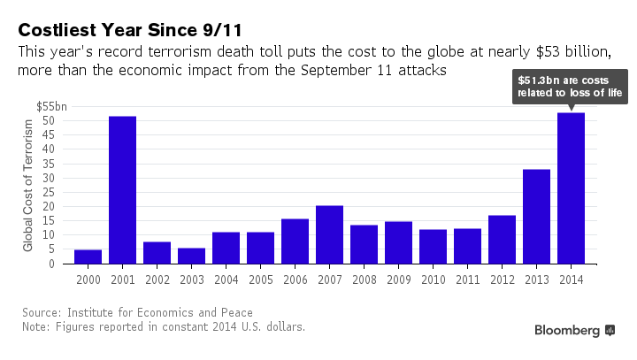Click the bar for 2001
(x=122, y=190)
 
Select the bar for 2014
(x=571, y=188)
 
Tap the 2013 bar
(x=536, y=217)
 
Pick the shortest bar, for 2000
(x=88, y=257)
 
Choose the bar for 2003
(x=191, y=256)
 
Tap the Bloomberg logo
(x=574, y=330)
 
